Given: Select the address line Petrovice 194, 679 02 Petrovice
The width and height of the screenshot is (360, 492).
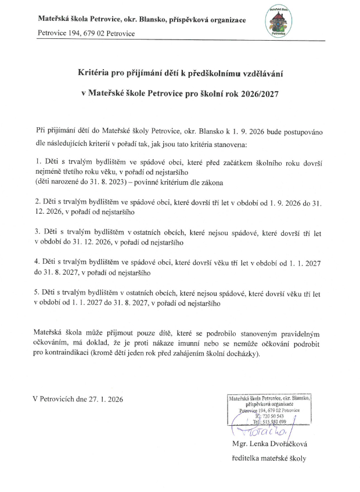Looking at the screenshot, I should pos(87,34).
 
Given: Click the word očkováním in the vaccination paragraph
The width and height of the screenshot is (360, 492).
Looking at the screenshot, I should pos(55,343).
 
